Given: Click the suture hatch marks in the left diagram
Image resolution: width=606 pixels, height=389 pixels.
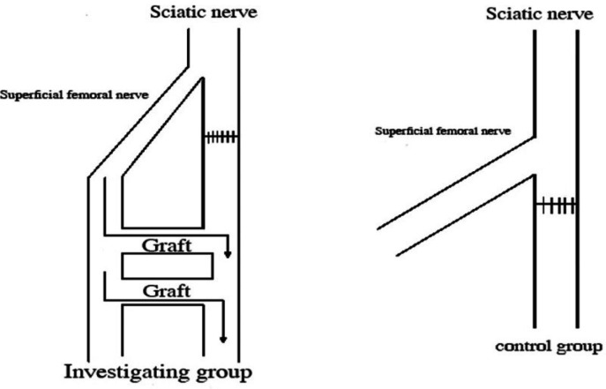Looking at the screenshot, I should (221, 137).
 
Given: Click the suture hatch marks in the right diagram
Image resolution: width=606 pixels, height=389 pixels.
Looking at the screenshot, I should (557, 206).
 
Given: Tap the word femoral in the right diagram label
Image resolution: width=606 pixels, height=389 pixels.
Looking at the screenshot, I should (463, 133).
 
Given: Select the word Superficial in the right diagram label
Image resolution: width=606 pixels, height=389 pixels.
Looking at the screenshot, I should (407, 133).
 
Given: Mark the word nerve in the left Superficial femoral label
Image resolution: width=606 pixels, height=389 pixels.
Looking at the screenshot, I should (116, 94).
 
